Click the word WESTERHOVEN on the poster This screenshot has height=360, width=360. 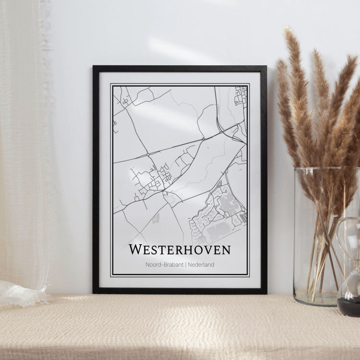[180, 250]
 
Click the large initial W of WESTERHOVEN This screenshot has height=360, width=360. [136, 250]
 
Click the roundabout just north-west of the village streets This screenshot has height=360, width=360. [149, 154]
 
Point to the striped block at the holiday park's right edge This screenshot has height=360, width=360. [244, 217]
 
